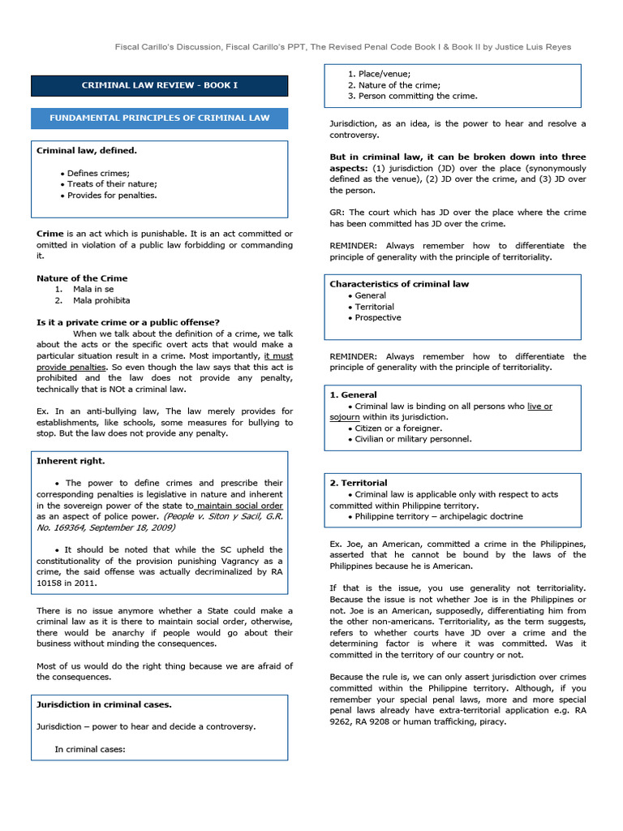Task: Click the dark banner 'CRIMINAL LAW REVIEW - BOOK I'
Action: [x=159, y=85]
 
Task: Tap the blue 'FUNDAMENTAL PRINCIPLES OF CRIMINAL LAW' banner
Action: [x=159, y=118]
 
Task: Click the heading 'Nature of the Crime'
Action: [x=82, y=278]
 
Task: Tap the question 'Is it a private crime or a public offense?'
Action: [x=127, y=322]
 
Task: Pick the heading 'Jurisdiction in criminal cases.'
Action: [x=104, y=704]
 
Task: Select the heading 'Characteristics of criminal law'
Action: [x=399, y=284]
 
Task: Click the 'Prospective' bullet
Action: [x=377, y=317]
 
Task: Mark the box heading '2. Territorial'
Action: [x=358, y=483]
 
